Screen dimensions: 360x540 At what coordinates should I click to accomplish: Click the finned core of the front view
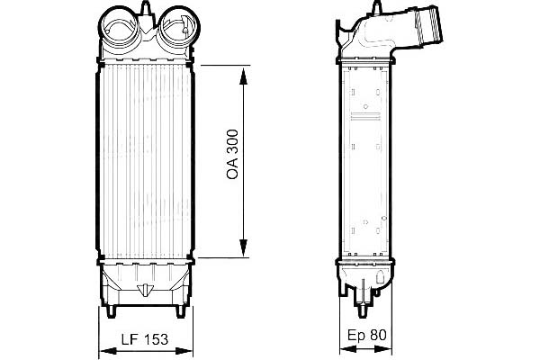pos(144,162)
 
